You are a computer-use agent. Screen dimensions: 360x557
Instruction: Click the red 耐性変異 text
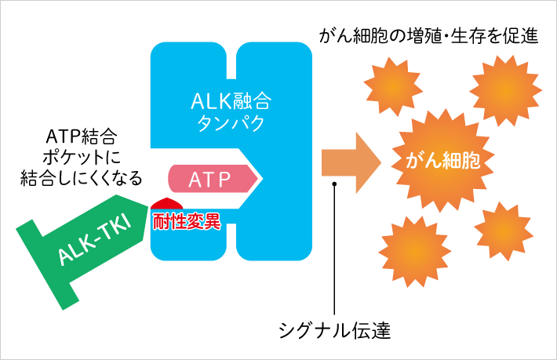(x=187, y=222)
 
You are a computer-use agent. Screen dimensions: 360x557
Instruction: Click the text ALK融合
(x=230, y=101)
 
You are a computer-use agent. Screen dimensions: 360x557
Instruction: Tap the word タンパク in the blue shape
(x=230, y=123)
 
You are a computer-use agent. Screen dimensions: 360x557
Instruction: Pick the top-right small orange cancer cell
(x=505, y=92)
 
